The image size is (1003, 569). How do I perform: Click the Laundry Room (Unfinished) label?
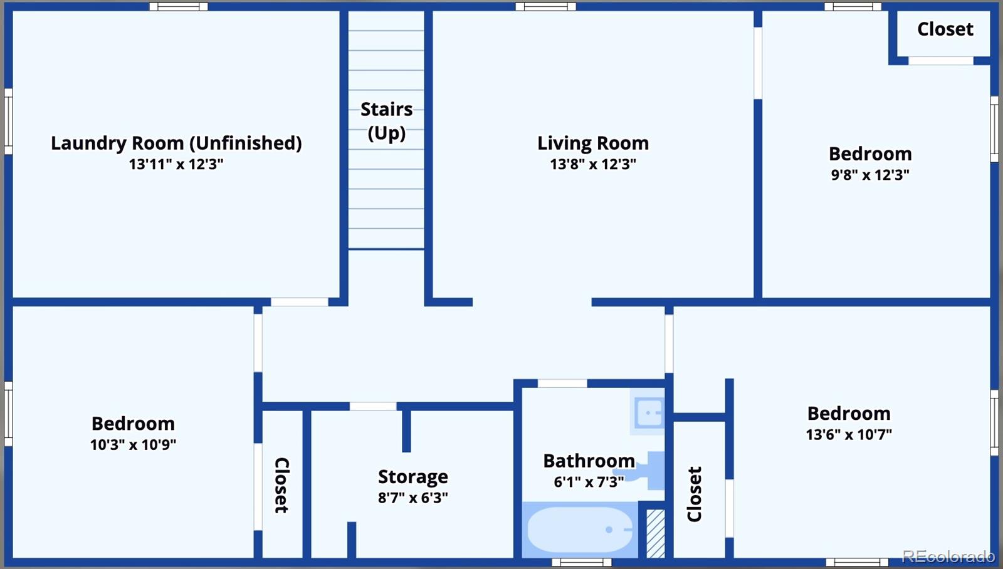pos(176,144)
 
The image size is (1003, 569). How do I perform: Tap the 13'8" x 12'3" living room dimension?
pos(593,164)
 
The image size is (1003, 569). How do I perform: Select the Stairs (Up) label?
pos(386,121)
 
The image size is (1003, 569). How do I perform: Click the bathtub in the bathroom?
pos(580,530)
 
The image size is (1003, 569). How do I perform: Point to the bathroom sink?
pos(649,412)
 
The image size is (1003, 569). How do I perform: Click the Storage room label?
pos(413,476)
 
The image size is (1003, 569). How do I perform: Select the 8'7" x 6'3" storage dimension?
pos(413,498)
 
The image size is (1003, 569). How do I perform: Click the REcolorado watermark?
pos(948,556)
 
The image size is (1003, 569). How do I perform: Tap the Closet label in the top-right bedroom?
pos(945,29)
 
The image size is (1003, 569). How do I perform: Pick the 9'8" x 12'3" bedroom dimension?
pos(870,175)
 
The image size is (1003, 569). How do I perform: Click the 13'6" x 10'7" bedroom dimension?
pos(849,435)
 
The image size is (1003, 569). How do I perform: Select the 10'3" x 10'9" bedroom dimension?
pos(133,445)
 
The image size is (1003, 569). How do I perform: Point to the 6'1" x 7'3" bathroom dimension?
pos(589,482)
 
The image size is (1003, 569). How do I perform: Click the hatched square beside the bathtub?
pos(656,534)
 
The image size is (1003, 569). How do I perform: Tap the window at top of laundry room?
pos(178,6)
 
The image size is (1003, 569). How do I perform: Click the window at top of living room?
pos(545,6)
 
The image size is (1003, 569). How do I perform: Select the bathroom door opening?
pos(562,384)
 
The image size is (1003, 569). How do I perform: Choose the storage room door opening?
pos(372,407)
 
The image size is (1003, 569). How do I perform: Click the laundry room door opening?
pos(299,302)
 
